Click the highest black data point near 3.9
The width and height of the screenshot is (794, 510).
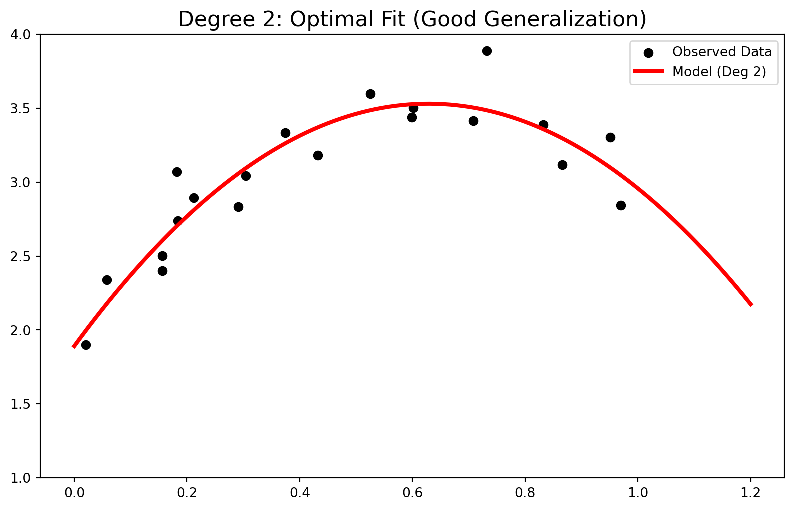tap(487, 51)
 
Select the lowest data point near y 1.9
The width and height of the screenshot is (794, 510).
tap(86, 345)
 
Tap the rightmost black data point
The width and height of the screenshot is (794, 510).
tap(621, 205)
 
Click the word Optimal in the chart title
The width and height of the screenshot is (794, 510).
tap(348, 19)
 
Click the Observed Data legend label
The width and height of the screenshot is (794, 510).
tap(722, 52)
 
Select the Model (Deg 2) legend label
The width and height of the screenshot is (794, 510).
tap(719, 72)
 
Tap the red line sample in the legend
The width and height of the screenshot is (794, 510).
tap(649, 71)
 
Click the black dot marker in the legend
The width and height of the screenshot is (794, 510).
tap(649, 53)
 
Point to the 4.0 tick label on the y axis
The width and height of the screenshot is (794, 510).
tap(20, 35)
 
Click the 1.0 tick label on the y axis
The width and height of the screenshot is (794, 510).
tap(20, 478)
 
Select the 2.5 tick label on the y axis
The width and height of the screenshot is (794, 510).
tap(20, 256)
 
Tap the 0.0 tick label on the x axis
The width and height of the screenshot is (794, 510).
tap(74, 493)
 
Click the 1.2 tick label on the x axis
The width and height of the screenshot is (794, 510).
tap(751, 493)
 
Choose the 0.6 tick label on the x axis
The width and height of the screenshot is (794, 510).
tap(412, 493)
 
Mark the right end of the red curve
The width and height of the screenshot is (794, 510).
tap(751, 305)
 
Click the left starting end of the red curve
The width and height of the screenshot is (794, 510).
tap(74, 347)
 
